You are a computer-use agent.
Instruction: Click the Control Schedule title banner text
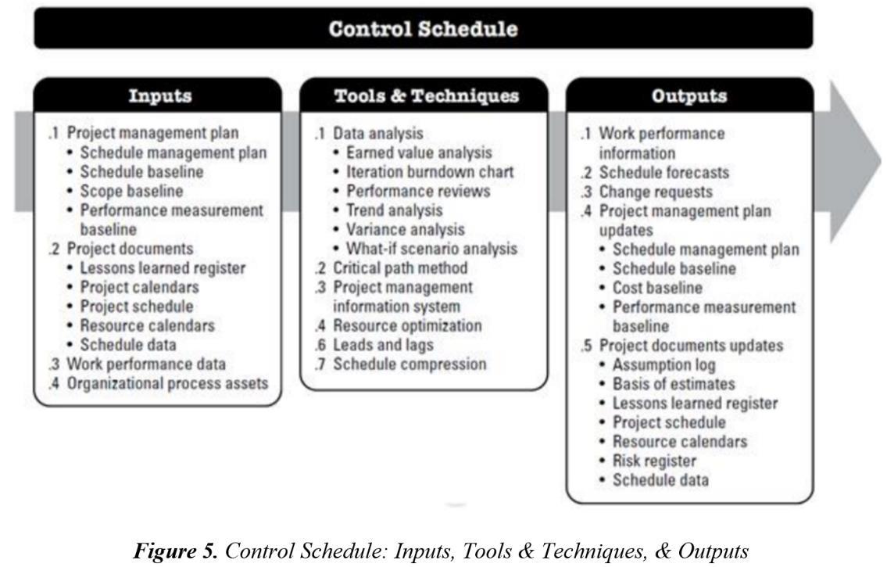coord(423,30)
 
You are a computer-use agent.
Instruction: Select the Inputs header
coord(159,96)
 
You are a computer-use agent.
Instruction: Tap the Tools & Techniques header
coord(426,96)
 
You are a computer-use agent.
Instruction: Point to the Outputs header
coord(688,96)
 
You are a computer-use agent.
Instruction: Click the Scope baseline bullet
coord(131,191)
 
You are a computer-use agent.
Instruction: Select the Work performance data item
coord(146,364)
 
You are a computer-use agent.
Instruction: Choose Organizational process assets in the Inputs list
coord(167,383)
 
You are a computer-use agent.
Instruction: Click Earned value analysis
coord(418,153)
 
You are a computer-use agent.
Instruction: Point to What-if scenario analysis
coord(431,249)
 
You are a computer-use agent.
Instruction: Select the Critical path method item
coord(400,268)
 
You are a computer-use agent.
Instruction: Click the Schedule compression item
coord(410,364)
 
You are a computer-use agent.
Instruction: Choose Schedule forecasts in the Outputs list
coord(663,172)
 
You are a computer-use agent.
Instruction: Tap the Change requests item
coord(656,192)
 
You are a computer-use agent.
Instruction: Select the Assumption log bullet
coord(663,364)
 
